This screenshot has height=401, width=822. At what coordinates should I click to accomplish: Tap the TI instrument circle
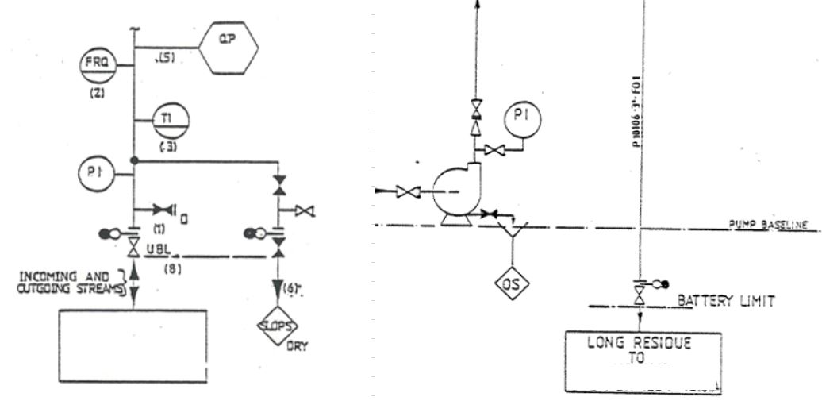click(x=172, y=120)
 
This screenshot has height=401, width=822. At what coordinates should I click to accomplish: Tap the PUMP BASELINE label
click(x=766, y=225)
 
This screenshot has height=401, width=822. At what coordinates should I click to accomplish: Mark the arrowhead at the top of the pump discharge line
click(x=478, y=4)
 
